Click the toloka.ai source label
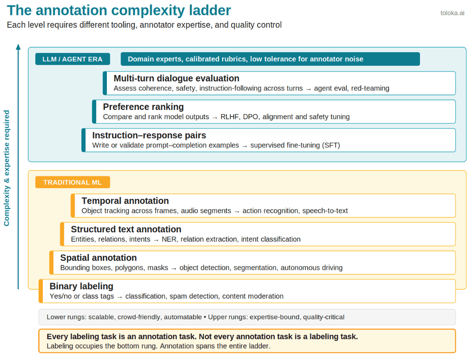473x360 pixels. coord(452,13)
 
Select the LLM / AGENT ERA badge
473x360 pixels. coord(72,59)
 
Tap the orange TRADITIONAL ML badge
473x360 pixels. coord(72,182)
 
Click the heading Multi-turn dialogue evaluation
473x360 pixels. coord(177,79)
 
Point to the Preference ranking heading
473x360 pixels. coord(143,107)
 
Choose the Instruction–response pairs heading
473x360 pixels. coord(149,135)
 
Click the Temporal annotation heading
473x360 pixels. coord(125,201)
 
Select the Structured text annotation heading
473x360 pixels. coord(126,229)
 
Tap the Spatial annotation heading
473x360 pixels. coord(98,258)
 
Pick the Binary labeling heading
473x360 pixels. coord(81,286)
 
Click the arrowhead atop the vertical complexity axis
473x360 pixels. coord(19,46)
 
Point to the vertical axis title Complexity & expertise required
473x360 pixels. coord(7,168)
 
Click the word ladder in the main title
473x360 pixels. coord(210,10)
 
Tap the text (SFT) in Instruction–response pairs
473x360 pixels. coord(331,145)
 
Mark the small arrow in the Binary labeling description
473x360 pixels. coord(120,297)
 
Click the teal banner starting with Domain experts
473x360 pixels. coord(270,59)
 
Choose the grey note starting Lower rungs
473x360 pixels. coord(247,317)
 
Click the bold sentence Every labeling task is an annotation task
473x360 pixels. coord(202,337)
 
